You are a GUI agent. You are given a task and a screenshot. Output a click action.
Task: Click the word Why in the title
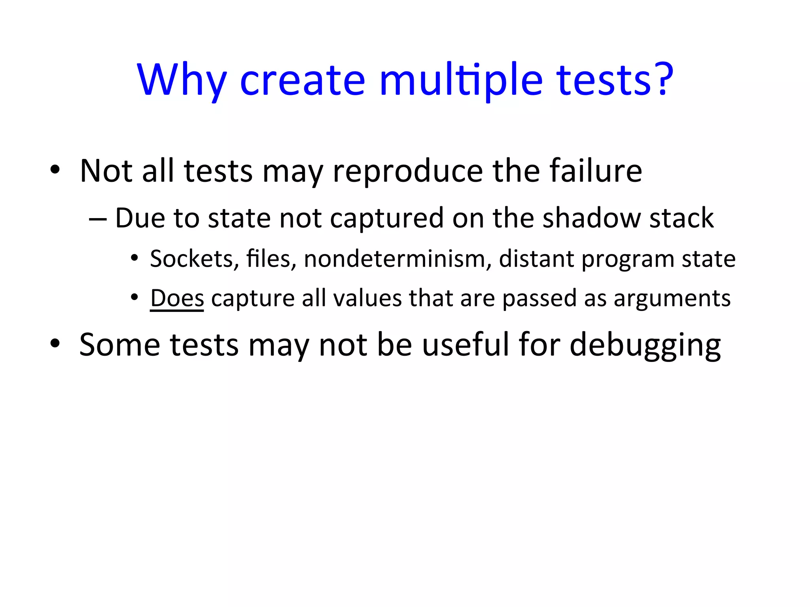(182, 80)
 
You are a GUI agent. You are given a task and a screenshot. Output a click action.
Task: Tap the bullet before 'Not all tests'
(55, 170)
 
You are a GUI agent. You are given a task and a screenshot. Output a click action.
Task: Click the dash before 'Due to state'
(98, 219)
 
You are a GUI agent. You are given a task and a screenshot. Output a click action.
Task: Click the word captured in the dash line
(387, 219)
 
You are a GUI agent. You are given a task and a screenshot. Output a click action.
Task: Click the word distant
(537, 259)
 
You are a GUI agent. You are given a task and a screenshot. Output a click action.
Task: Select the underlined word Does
(177, 298)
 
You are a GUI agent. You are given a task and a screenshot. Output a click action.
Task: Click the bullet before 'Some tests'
(55, 344)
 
